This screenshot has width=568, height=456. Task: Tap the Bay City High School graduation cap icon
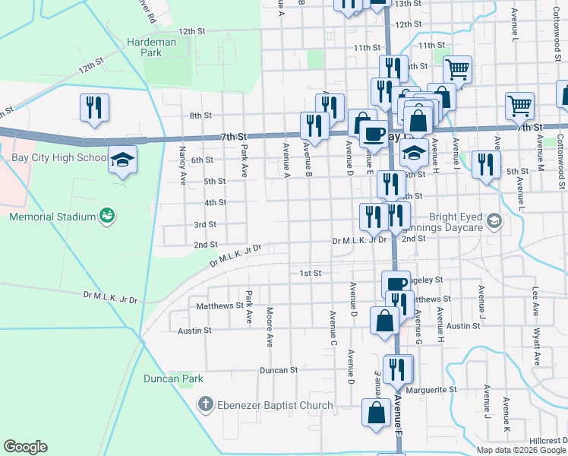pos(122,160)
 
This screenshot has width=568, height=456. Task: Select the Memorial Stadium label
pos(52,217)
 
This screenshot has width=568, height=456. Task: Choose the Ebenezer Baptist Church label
pos(275,405)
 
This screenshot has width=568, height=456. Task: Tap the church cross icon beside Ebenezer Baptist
pos(204,405)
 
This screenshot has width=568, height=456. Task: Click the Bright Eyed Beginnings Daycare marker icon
pos(494,221)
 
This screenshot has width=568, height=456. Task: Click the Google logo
pos(25,447)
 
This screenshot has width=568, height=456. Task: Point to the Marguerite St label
pos(431,390)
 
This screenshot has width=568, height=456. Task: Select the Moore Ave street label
pos(270,327)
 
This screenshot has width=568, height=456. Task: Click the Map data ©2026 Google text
pos(521,450)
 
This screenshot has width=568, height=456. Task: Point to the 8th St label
pos(200,116)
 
